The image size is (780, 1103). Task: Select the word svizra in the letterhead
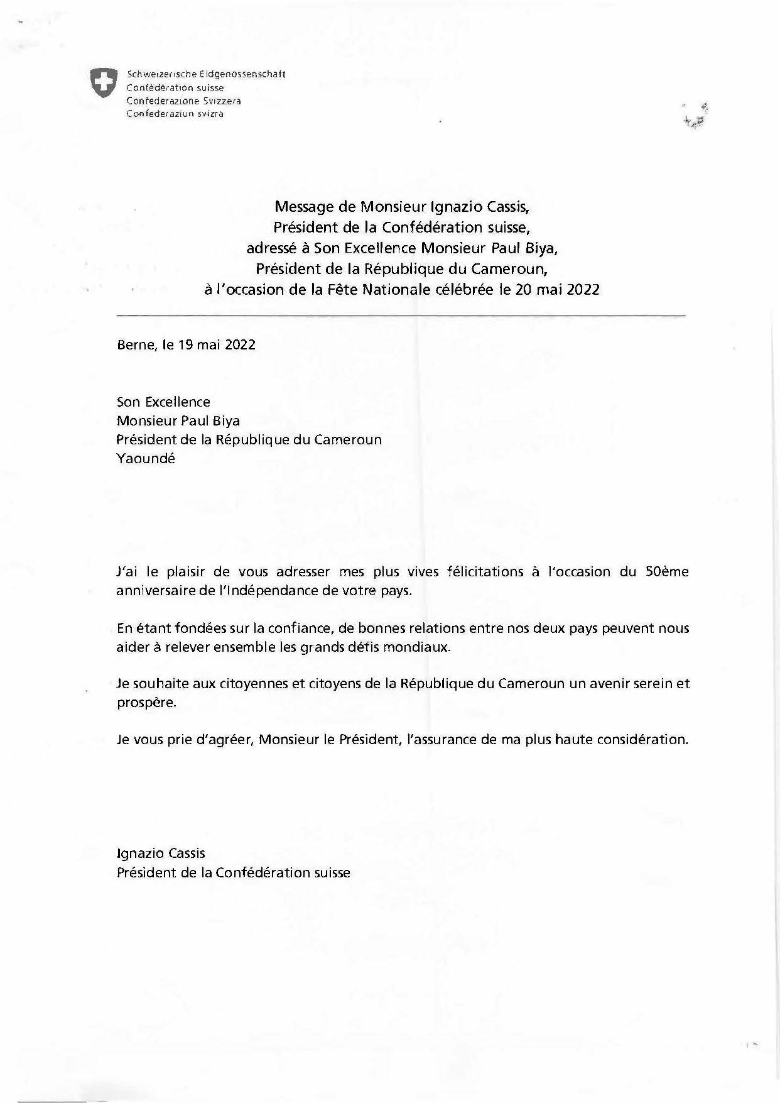click(x=211, y=114)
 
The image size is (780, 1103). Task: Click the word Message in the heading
click(x=301, y=206)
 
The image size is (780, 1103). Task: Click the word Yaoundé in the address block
click(x=146, y=459)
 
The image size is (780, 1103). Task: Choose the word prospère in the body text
click(x=146, y=703)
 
